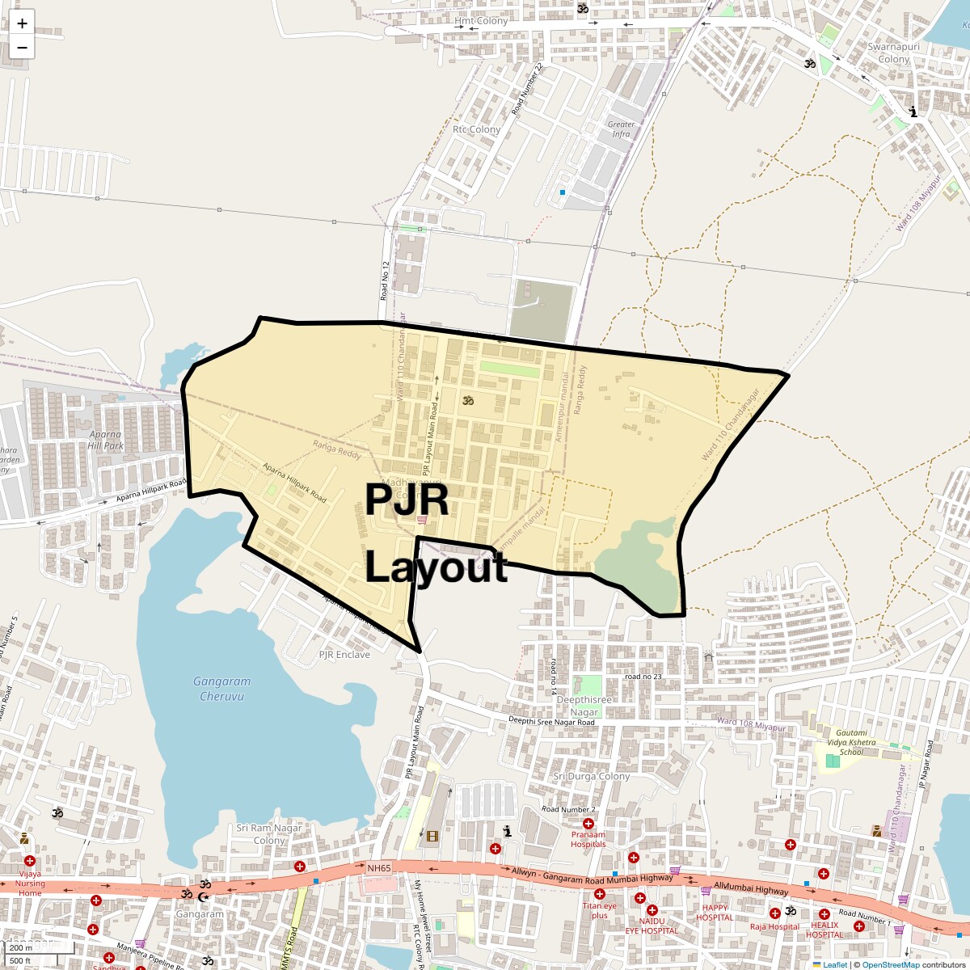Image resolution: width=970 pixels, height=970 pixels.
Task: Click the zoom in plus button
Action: pos(22,23)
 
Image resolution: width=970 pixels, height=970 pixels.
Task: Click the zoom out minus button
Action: pos(22,47)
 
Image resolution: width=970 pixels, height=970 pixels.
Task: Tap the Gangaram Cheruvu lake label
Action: pos(222,689)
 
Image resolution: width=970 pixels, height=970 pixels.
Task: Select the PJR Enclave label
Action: pos(344,655)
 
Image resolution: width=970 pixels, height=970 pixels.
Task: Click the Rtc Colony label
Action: pos(476,129)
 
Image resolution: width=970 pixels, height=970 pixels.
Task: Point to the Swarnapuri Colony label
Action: pos(894,53)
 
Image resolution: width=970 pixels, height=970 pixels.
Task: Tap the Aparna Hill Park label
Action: pos(106,441)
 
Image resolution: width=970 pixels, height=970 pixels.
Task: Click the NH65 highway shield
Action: pos(379,868)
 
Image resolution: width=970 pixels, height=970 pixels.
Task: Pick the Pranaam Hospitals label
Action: pos(588,839)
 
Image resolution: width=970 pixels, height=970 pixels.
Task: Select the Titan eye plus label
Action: pos(599,910)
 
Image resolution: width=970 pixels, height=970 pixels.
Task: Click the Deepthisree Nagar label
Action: pos(584,706)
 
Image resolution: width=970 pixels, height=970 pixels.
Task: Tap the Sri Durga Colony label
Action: pos(592,777)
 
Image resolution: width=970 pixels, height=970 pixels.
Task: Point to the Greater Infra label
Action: pos(621,129)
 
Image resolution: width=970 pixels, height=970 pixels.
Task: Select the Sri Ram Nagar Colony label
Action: pos(269,834)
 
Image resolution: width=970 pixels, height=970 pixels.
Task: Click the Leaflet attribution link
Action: pos(835,964)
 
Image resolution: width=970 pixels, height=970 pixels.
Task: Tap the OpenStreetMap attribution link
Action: pos(891,964)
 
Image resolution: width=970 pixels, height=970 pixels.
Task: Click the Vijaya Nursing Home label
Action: pos(30,883)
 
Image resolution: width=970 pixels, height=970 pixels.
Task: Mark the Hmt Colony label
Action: pos(481,21)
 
